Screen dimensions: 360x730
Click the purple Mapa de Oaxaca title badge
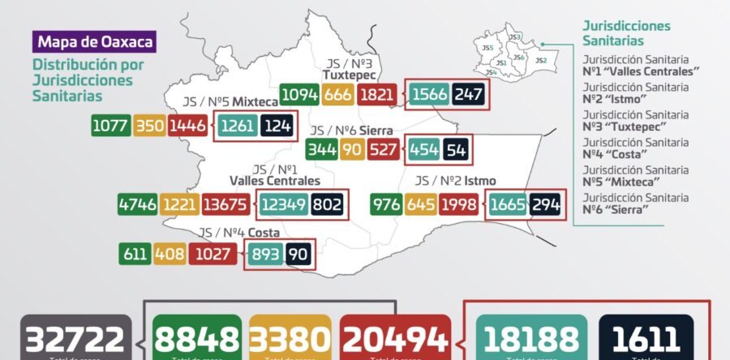(93, 41)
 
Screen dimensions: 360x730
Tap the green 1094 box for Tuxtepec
(298, 95)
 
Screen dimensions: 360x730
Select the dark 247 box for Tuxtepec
(469, 95)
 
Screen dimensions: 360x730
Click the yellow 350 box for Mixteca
(148, 126)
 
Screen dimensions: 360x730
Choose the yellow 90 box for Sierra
(352, 151)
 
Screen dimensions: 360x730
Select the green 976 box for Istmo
(387, 204)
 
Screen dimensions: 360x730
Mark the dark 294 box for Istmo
(546, 204)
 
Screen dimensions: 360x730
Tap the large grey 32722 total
(75, 339)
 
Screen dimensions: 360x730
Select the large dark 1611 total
(646, 339)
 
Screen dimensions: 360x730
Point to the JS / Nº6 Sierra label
(351, 131)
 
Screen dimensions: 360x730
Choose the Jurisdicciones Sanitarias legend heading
(626, 33)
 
